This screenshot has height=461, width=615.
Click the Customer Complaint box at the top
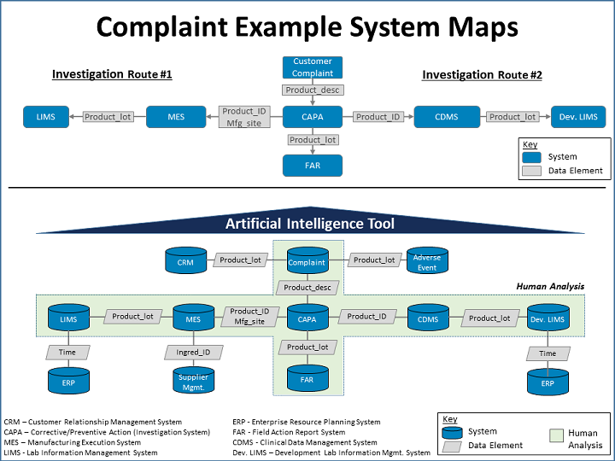tap(313, 67)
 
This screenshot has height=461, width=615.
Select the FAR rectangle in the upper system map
tap(313, 166)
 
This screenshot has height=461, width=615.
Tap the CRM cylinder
tap(185, 261)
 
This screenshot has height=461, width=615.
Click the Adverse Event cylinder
tap(426, 261)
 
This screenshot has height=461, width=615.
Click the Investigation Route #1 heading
tap(112, 74)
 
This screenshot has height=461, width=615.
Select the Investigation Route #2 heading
tap(482, 75)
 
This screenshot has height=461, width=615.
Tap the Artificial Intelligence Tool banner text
tap(309, 224)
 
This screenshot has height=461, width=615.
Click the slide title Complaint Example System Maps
tap(307, 27)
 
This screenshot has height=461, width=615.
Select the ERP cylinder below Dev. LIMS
tap(548, 382)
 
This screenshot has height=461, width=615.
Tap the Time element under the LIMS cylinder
tap(67, 353)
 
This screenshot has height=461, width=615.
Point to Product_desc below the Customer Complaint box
tap(313, 90)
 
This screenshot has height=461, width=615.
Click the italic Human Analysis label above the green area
tap(550, 286)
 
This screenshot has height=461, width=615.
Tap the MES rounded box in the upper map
tap(176, 117)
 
